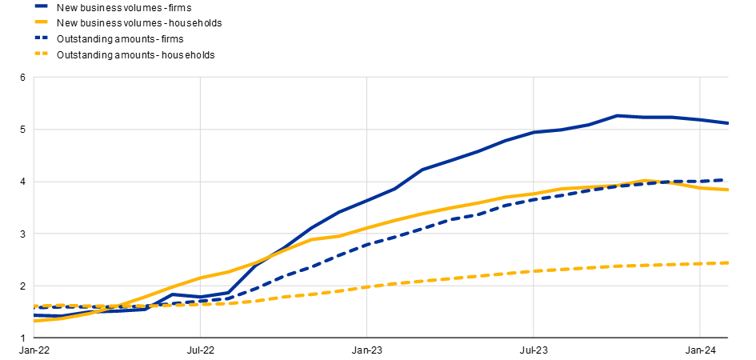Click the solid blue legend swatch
(x=41, y=6)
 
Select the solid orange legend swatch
(x=41, y=22)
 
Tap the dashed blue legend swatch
(x=41, y=37)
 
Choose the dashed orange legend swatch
(x=41, y=54)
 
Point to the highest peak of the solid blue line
(x=618, y=115)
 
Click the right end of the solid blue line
(x=728, y=123)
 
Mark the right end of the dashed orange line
(x=728, y=262)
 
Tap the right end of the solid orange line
(x=728, y=190)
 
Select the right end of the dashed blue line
(x=728, y=180)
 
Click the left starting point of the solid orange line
(x=34, y=320)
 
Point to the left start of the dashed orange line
(x=34, y=306)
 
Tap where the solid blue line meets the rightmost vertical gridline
(x=700, y=120)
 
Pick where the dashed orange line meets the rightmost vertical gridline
(x=700, y=264)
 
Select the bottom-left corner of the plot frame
(x=34, y=338)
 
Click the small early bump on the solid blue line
(x=174, y=294)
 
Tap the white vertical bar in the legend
(x=42, y=46)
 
